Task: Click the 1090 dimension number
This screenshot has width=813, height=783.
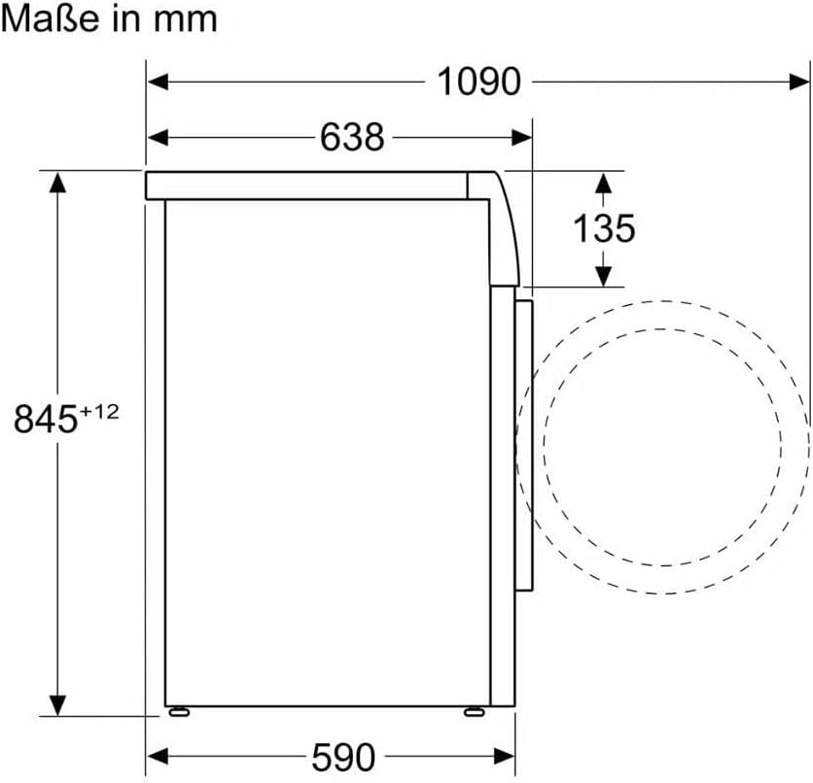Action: tap(478, 82)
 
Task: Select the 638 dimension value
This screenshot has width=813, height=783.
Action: tap(352, 137)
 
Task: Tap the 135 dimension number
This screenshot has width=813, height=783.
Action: tap(604, 228)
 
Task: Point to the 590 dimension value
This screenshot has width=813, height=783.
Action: tap(343, 757)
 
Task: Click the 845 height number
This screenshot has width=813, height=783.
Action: tap(46, 419)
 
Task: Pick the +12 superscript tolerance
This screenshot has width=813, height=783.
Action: tap(99, 412)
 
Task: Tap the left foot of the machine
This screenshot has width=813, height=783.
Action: tap(179, 713)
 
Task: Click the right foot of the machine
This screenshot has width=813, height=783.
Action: tap(475, 713)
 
